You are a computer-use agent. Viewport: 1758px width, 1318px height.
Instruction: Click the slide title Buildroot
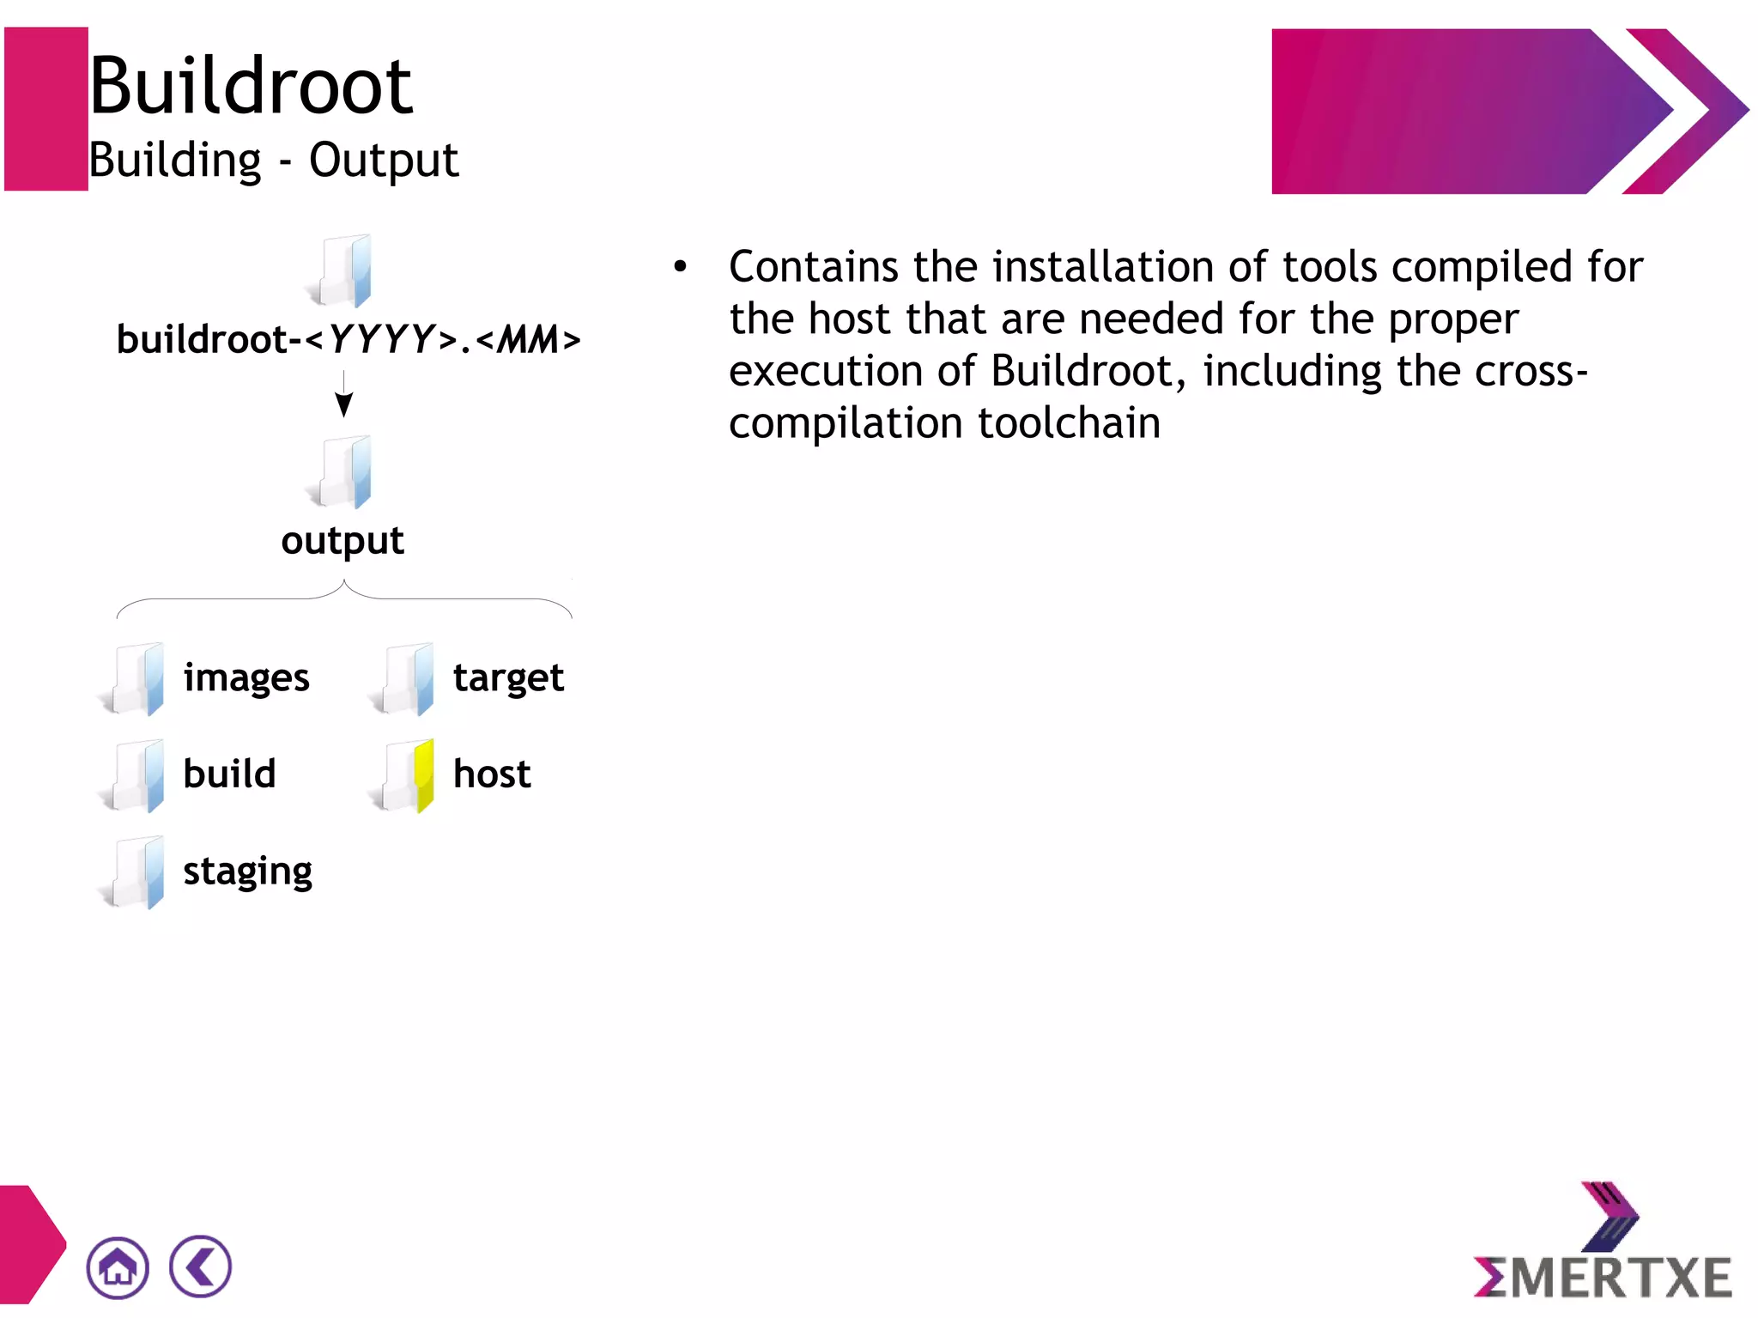pos(251,86)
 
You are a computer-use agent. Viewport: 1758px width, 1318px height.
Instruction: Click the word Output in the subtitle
pos(383,161)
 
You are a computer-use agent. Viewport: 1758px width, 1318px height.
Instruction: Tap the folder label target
pos(508,678)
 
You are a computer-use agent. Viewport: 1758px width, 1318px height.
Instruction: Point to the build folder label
pos(229,774)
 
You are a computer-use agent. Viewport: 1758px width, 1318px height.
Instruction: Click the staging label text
pos(247,872)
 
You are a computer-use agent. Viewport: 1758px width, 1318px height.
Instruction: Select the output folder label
pos(343,541)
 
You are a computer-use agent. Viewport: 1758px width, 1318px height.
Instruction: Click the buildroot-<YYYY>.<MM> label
pos(349,340)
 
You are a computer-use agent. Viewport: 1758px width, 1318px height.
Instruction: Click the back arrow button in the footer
pos(200,1266)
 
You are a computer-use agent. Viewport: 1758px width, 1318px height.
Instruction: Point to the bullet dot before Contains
pos(680,267)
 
